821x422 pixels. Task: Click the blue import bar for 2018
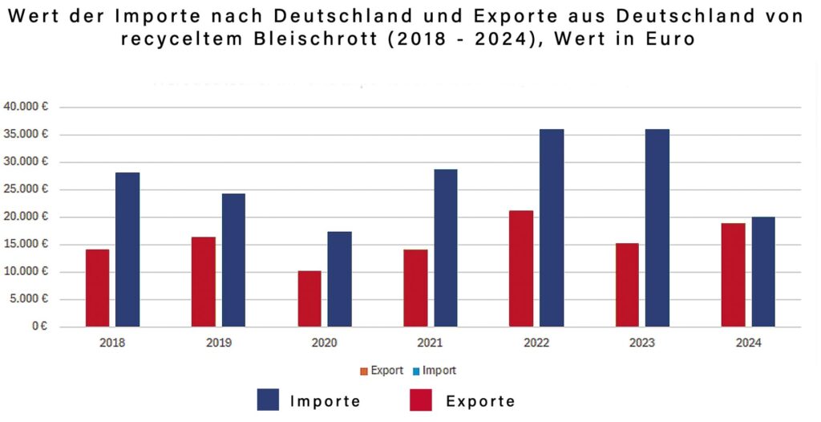click(x=127, y=250)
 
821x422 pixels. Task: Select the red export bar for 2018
click(x=97, y=288)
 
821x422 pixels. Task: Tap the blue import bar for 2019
click(x=233, y=260)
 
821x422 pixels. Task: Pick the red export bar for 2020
click(x=309, y=298)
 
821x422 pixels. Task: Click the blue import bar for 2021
click(x=445, y=248)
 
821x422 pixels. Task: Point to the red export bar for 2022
click(x=521, y=269)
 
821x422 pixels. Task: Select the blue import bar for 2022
click(x=552, y=228)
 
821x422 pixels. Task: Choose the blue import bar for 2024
click(x=763, y=272)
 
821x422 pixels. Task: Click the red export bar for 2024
click(x=733, y=275)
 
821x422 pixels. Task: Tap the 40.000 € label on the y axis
click(x=26, y=107)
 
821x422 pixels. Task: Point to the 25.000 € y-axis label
click(x=26, y=189)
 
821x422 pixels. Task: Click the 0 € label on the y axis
click(x=38, y=327)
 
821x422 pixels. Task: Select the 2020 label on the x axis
click(x=324, y=343)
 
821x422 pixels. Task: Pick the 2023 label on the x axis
click(x=642, y=343)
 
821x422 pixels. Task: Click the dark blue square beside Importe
click(x=268, y=400)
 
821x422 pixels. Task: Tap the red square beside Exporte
click(x=421, y=400)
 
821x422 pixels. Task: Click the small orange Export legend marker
click(x=364, y=371)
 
